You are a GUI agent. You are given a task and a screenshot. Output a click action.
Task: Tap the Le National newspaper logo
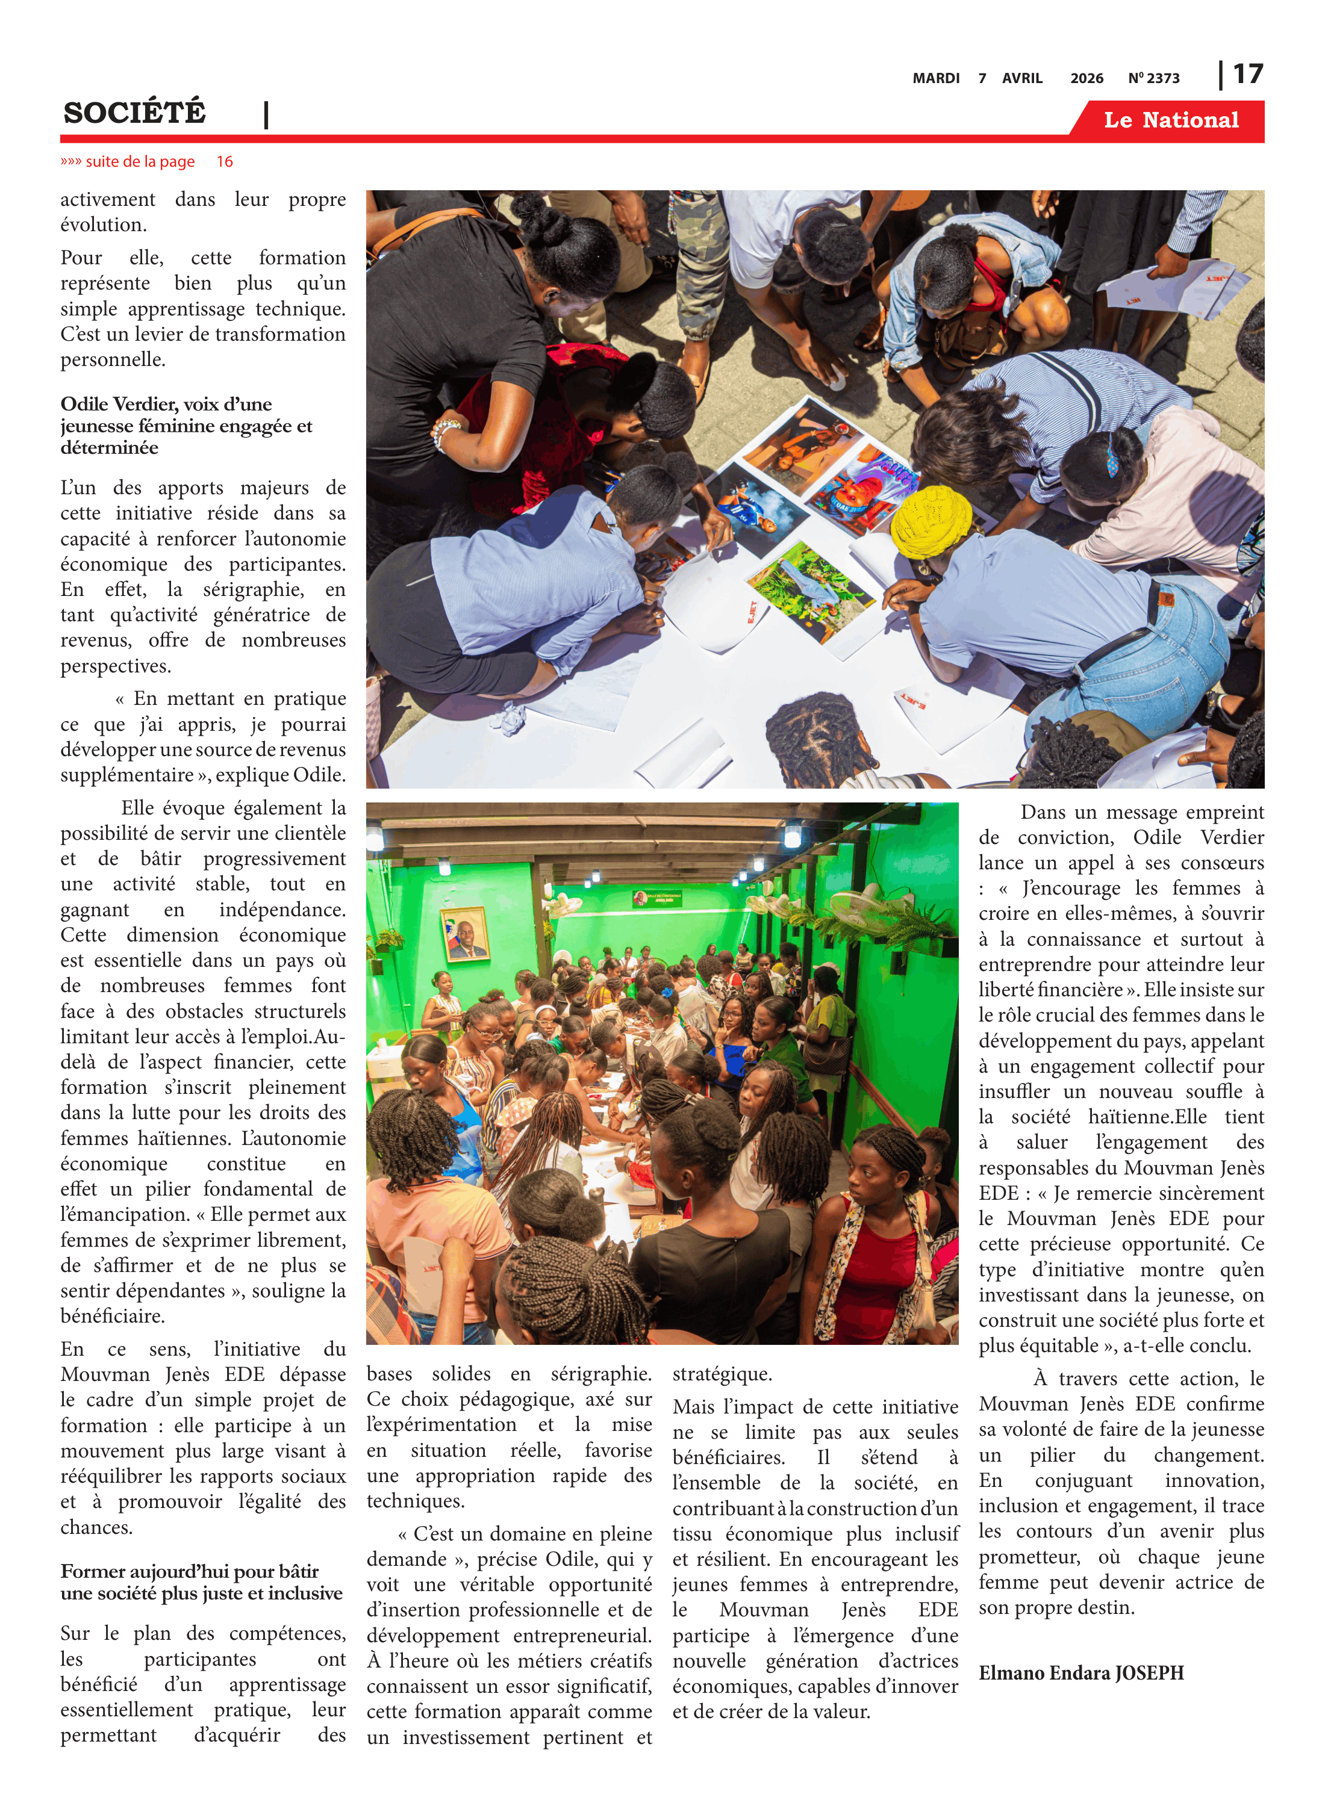pyautogui.click(x=1170, y=120)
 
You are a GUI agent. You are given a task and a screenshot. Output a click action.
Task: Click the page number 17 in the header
pyautogui.click(x=1247, y=75)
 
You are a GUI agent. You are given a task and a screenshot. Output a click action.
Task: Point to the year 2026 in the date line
pyautogui.click(x=1086, y=78)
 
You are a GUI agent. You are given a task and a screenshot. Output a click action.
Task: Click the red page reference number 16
pyautogui.click(x=225, y=162)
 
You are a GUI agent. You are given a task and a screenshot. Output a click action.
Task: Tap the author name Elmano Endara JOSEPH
pyautogui.click(x=1080, y=1672)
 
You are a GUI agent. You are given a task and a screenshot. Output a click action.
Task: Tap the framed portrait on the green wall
pyautogui.click(x=464, y=933)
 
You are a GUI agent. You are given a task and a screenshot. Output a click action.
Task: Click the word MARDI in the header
pyautogui.click(x=935, y=78)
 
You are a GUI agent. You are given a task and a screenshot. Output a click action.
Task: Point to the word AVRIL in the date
pyautogui.click(x=1022, y=78)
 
